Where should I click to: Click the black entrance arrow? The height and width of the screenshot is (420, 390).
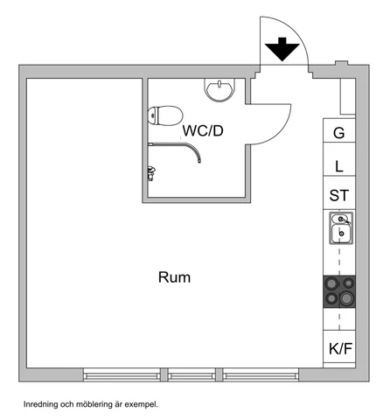coord(282,49)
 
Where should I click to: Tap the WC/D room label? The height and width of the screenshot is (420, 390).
coord(203,130)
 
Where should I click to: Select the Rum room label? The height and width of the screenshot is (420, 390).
coord(174,277)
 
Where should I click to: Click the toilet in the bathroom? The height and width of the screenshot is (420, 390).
coord(165,115)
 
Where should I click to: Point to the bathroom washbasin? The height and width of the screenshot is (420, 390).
coord(219,90)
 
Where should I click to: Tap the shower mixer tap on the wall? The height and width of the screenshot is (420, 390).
coord(151,173)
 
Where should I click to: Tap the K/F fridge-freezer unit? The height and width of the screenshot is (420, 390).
coord(339,349)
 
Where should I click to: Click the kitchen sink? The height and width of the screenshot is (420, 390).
coord(341,228)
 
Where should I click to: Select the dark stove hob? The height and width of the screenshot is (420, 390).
coord(339,291)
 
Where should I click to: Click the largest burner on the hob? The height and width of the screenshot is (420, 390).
coord(347,298)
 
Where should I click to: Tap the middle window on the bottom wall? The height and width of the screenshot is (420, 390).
coord(192,374)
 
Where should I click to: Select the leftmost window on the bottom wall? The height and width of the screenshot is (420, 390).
coord(122,374)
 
